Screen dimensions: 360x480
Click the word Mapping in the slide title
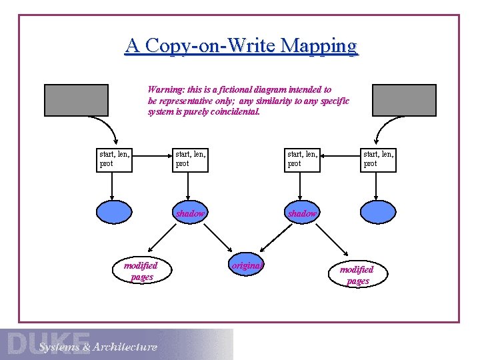[x=319, y=46]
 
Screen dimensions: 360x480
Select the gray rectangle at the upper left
[x=77, y=100]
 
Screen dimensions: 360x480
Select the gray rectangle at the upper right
[x=403, y=100]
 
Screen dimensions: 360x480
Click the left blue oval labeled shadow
[x=191, y=213]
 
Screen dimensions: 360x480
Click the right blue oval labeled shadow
[x=302, y=213]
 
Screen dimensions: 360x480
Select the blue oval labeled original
[x=247, y=265]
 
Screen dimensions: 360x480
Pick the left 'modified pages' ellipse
[x=141, y=271]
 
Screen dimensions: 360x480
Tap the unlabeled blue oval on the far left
[x=115, y=212]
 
